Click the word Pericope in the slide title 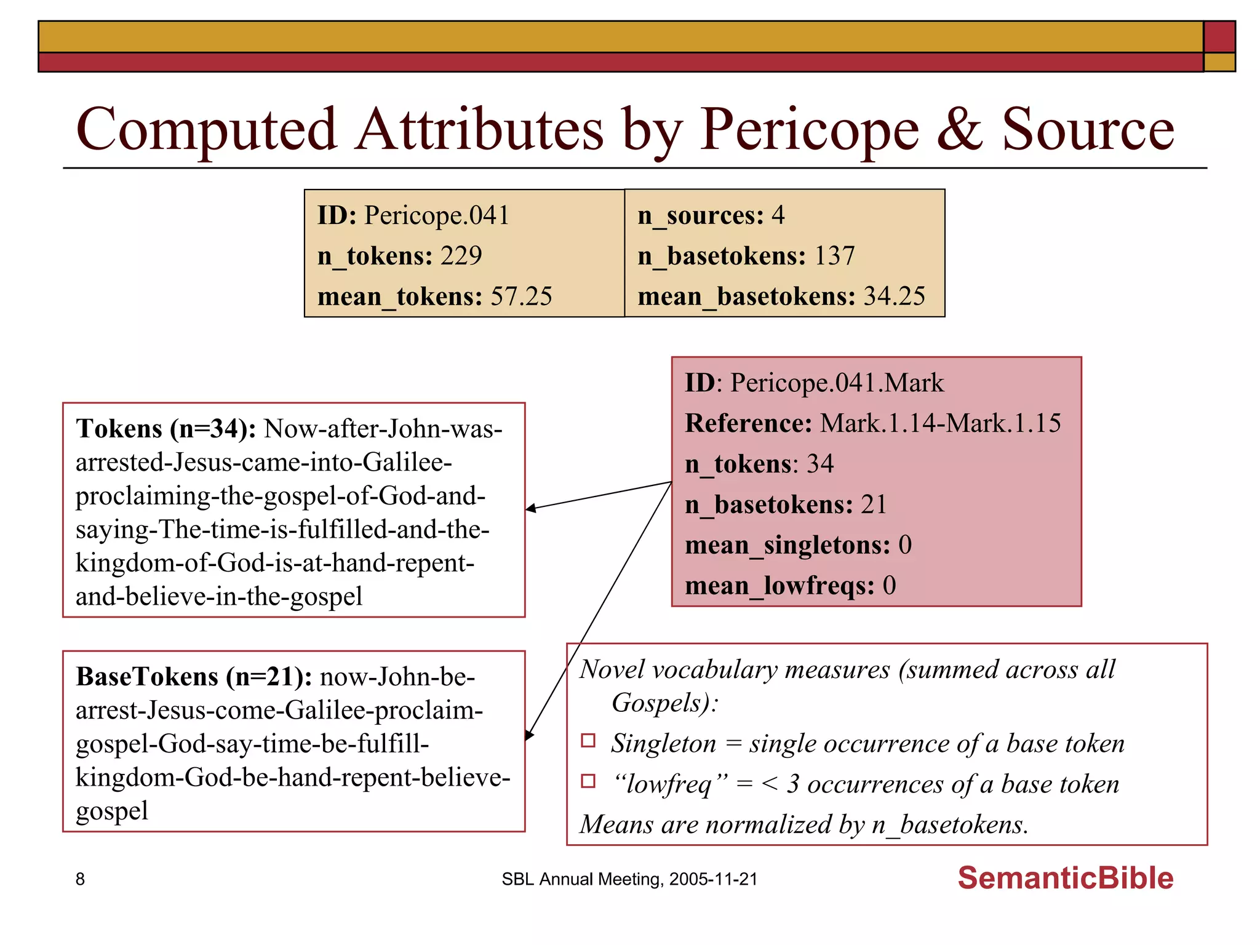point(809,130)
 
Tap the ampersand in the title point(959,130)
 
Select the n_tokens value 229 point(461,256)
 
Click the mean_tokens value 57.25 point(521,297)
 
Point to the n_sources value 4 point(778,215)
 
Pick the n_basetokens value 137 point(834,256)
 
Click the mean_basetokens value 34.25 point(894,297)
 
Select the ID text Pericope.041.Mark point(837,383)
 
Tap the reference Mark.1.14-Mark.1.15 point(940,423)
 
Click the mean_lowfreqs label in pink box point(780,586)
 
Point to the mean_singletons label point(787,545)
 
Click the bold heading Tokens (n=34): point(166,429)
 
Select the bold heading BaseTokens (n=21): point(194,677)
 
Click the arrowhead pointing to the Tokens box point(531,508)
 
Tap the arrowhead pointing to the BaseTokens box point(529,735)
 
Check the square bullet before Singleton point(588,741)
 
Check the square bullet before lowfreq point(588,781)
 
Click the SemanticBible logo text point(1065,878)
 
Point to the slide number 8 point(80,879)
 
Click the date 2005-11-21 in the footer point(713,879)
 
